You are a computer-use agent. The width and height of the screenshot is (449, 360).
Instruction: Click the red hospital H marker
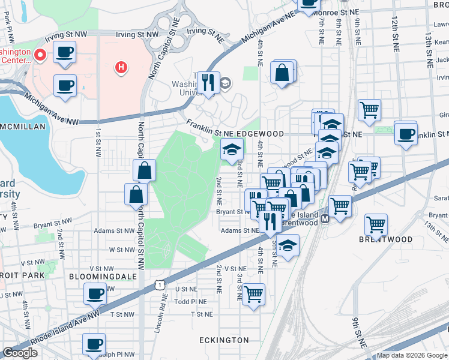tap(121, 67)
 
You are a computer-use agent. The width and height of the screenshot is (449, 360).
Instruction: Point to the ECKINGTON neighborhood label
tap(224, 340)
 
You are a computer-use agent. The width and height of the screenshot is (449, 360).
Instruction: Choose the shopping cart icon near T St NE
tap(253, 294)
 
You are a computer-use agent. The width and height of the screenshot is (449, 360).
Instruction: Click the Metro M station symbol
tap(325, 220)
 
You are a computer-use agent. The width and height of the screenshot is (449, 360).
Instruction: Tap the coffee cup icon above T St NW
tap(94, 295)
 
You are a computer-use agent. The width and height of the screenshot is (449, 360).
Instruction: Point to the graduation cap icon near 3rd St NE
tap(232, 149)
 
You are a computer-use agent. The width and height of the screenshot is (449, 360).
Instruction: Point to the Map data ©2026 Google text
tap(411, 355)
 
